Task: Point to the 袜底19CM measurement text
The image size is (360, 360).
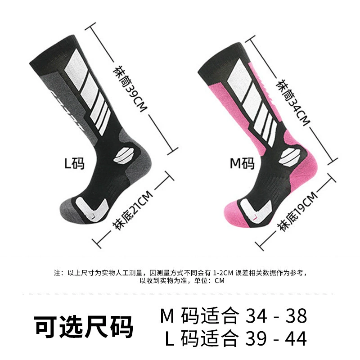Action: pos(297,211)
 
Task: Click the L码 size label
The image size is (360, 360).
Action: pos(74,163)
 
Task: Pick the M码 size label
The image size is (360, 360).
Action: pos(242,163)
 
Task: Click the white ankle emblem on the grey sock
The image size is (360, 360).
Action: pos(124,156)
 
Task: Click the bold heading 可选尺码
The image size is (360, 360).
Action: pos(84,327)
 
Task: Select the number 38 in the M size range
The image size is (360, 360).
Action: pos(296,316)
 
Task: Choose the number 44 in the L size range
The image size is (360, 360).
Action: pos(296,338)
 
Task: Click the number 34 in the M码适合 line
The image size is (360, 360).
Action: pos(256,316)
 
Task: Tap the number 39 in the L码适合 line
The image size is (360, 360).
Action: pos(256,338)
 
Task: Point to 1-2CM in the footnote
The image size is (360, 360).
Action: pos(223,273)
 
